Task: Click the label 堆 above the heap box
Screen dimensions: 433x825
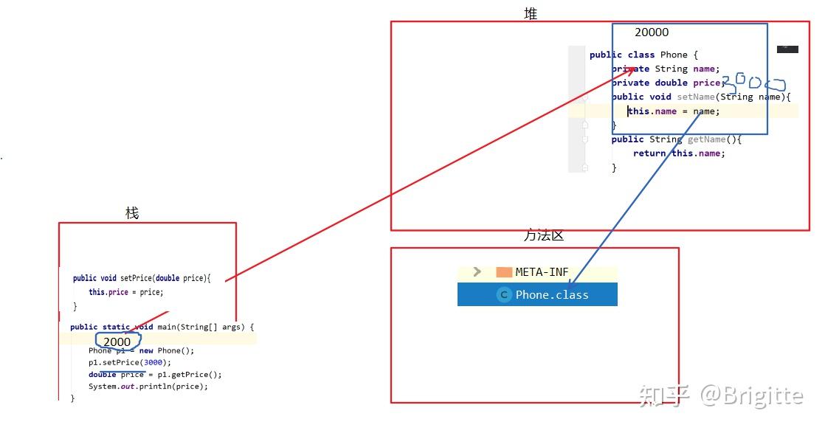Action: click(x=531, y=13)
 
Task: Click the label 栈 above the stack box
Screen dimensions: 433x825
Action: click(x=132, y=213)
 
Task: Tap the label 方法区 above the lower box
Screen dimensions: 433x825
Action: click(x=544, y=235)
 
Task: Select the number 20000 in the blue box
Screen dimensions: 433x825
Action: click(x=652, y=32)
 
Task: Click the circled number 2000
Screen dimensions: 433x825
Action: click(x=117, y=342)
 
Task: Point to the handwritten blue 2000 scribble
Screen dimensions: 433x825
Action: click(x=753, y=83)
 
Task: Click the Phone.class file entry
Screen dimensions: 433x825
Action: click(x=551, y=294)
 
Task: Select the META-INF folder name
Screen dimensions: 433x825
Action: click(x=542, y=272)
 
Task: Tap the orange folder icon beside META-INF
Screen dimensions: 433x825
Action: click(x=504, y=272)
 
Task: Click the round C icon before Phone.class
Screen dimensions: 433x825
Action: click(x=504, y=294)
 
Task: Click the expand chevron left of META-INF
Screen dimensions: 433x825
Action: click(x=477, y=271)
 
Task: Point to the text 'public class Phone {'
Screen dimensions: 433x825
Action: click(x=643, y=55)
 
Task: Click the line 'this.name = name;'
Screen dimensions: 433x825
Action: click(x=673, y=111)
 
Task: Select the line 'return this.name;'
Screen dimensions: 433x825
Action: click(x=679, y=153)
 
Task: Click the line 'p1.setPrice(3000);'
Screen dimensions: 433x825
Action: click(x=130, y=362)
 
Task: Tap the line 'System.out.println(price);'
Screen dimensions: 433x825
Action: click(x=148, y=386)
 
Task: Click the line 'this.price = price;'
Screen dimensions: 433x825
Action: click(x=126, y=292)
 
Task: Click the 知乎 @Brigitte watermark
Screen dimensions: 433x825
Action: click(x=720, y=395)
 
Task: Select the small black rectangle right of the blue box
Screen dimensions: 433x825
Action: click(x=787, y=49)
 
